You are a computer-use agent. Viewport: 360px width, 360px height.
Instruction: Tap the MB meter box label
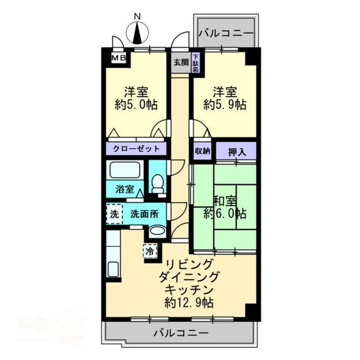tap(118, 57)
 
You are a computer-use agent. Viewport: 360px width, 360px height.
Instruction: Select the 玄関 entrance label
tap(181, 62)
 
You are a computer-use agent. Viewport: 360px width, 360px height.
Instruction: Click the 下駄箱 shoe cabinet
tap(195, 62)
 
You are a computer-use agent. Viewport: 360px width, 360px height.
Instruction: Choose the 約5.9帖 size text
tap(224, 105)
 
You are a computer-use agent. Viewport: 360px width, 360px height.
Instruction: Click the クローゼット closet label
tap(136, 149)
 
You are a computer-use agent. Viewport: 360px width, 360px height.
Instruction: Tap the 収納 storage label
tap(202, 150)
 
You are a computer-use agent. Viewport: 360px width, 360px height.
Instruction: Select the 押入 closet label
tap(236, 150)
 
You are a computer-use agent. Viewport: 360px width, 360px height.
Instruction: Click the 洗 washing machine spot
tap(114, 214)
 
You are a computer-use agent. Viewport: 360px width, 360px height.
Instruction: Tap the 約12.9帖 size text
tap(189, 303)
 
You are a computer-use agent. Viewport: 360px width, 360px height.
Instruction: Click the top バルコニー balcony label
tap(226, 34)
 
